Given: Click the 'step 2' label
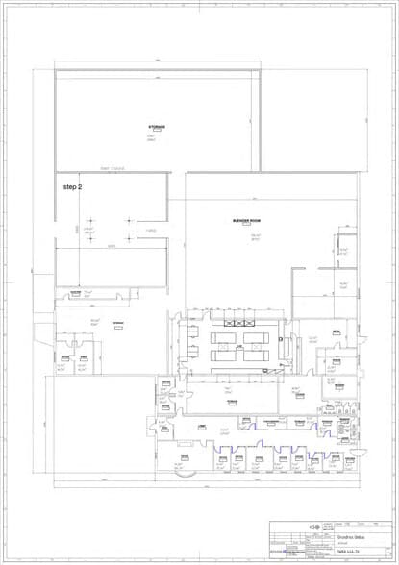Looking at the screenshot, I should (72, 186).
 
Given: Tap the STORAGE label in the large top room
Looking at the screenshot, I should (156, 127).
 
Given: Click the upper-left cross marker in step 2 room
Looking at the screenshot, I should (91, 222).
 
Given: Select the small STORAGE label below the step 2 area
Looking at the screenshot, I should (120, 323).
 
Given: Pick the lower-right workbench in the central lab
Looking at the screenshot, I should (256, 355).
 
